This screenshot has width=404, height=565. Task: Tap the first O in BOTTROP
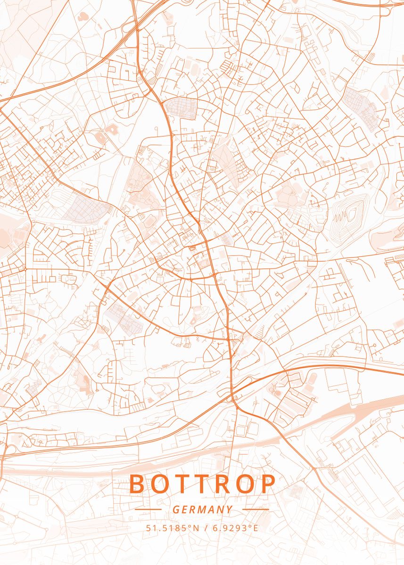pos(159,484)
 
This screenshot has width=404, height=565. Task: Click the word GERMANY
pos(202,509)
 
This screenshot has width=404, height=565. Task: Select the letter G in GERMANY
pos(175,509)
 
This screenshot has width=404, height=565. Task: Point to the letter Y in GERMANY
pos(229,509)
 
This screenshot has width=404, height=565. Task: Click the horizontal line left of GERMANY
pos(148,509)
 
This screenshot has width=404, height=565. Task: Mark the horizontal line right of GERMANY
pos(256,509)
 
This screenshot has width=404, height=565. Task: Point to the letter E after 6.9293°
pos(256,528)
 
